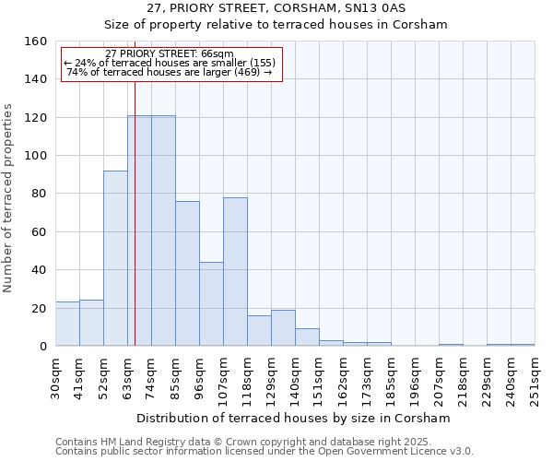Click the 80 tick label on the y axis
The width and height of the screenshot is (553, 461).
[x=39, y=194]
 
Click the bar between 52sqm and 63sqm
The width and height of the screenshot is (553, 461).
[x=115, y=258]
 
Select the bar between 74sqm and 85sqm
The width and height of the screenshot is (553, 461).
[x=163, y=230]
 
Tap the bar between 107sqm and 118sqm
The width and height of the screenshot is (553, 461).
[x=235, y=272]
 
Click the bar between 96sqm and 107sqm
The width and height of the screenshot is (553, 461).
[x=211, y=304]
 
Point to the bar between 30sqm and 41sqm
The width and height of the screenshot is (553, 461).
[x=67, y=324]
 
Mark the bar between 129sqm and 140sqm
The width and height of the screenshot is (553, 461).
[x=283, y=328]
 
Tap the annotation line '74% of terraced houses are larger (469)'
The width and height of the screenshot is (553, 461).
[x=170, y=72]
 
